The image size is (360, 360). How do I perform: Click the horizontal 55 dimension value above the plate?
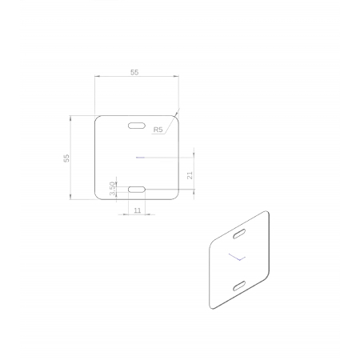tap(134, 72)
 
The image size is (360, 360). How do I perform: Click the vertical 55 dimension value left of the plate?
tap(66, 158)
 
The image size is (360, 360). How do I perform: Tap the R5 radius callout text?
tap(158, 130)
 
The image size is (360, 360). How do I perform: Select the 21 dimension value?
tap(190, 175)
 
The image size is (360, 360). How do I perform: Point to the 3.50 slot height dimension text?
tap(113, 188)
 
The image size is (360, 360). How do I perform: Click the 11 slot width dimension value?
tap(137, 210)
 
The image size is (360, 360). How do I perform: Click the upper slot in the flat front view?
tap(137, 126)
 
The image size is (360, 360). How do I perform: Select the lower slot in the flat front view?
tap(137, 190)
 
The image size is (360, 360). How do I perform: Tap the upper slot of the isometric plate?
tap(239, 234)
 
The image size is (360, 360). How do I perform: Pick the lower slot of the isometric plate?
tap(239, 286)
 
